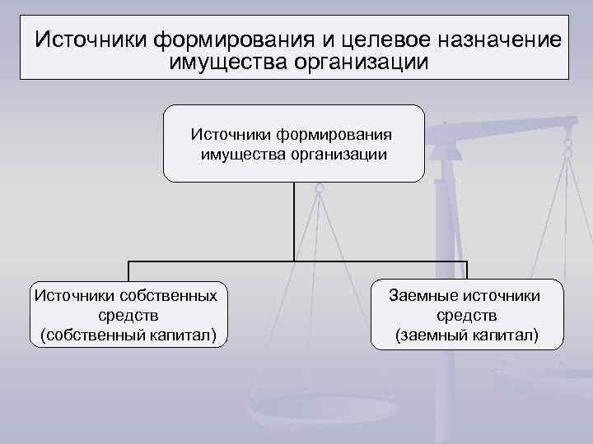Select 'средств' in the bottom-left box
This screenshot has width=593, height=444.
tap(128, 315)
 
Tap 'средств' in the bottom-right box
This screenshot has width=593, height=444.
tap(467, 315)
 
